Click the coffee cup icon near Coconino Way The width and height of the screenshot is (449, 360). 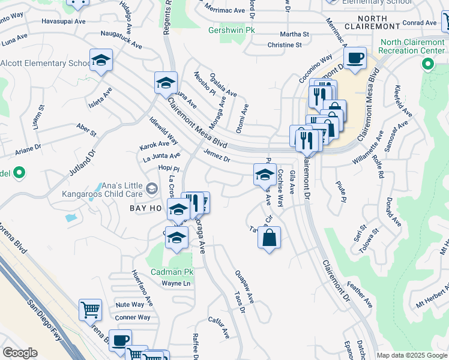pos(355,58)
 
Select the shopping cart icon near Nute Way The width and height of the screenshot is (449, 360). pos(90,310)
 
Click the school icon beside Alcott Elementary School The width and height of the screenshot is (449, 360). pos(101,61)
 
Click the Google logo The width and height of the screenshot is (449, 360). pos(20,353)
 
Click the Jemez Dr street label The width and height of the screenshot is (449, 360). pos(217,155)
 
